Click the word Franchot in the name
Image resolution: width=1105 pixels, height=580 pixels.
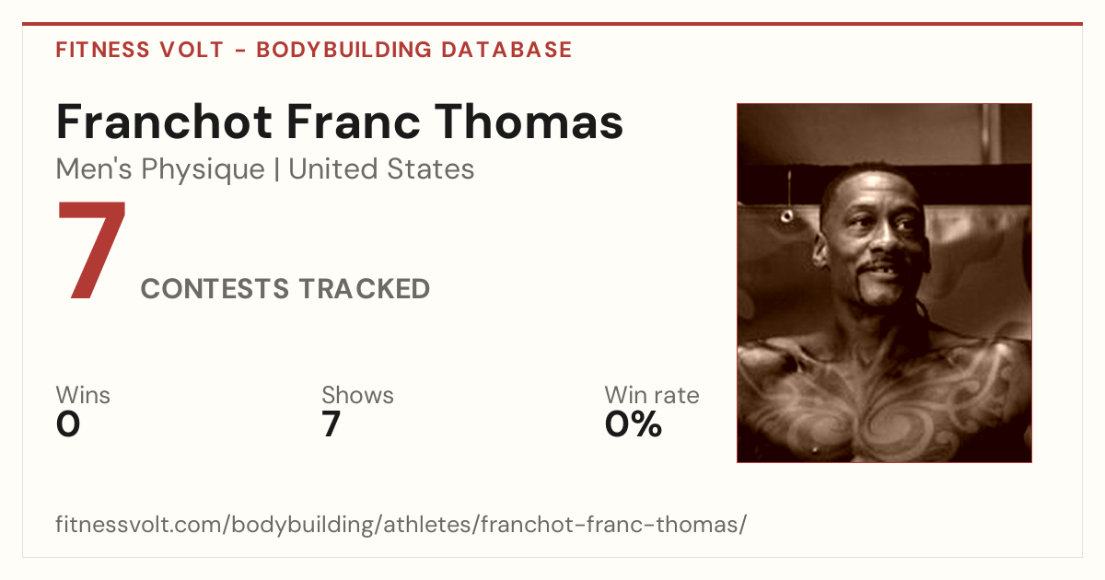164,122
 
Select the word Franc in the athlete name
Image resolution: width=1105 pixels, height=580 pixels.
354,122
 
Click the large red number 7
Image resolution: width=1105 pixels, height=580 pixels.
92,249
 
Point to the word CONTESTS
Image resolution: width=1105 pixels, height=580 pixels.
215,288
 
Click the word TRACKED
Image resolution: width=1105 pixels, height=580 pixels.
364,288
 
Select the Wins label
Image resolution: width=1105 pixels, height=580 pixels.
83,395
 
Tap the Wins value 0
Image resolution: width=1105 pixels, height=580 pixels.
68,424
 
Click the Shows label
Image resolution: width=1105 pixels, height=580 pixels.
357,395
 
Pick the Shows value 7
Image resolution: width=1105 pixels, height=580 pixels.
331,424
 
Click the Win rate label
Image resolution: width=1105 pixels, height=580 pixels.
652,395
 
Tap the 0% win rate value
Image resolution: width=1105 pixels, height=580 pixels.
634,424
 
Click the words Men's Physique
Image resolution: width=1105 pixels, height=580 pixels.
160,169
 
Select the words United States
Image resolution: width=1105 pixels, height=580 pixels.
381,168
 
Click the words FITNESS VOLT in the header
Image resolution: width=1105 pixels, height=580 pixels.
140,50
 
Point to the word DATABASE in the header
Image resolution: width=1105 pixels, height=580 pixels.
506,50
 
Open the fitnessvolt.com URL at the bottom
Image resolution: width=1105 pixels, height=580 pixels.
401,524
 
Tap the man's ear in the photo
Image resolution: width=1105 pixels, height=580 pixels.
820,250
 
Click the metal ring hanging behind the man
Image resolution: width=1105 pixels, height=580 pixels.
787,215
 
